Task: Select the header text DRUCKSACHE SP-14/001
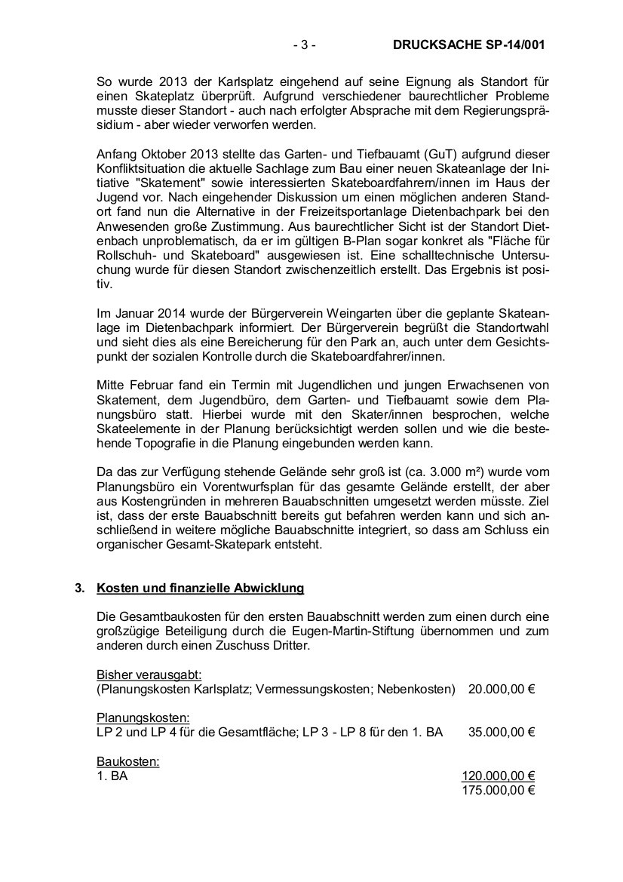pyautogui.click(x=468, y=45)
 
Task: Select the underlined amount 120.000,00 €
pyautogui.click(x=499, y=776)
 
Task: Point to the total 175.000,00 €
pyautogui.click(x=499, y=790)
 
